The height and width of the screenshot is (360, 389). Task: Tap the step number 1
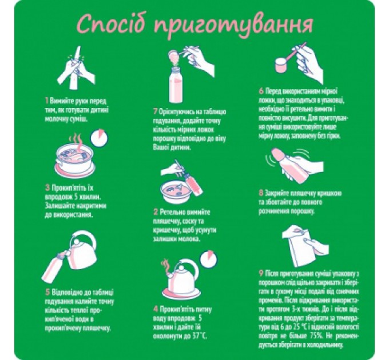pyautogui.click(x=46, y=99)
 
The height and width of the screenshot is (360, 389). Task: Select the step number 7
pyautogui.click(x=155, y=110)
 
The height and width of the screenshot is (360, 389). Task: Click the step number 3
pyautogui.click(x=46, y=186)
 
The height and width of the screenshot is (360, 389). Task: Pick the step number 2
pyautogui.click(x=155, y=211)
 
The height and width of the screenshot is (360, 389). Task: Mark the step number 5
pyautogui.click(x=46, y=292)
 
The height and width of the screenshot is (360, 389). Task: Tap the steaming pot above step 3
pyautogui.click(x=74, y=157)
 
